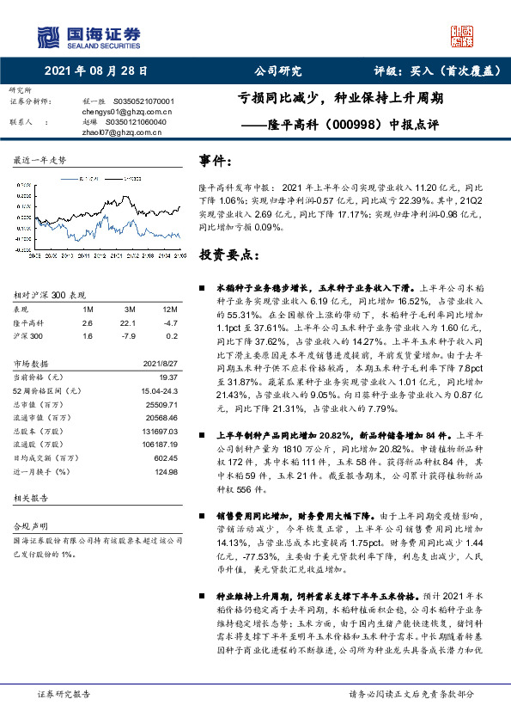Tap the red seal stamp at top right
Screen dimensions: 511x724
[464, 36]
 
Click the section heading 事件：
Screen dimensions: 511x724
[216, 161]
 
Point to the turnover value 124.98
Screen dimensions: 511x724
[165, 472]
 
